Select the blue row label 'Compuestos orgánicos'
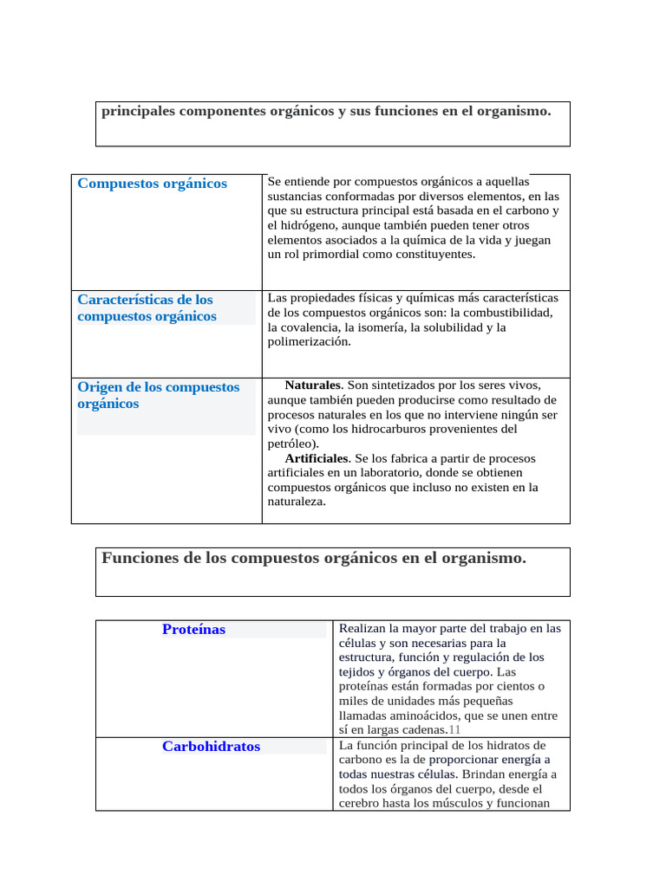152,184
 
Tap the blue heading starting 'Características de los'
145,300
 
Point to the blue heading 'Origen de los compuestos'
158,387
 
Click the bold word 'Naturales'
314,385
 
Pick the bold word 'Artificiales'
316,458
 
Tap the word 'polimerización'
309,342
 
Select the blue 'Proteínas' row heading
193,630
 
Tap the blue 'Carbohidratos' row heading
211,747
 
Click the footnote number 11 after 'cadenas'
454,730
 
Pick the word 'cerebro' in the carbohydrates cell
360,804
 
